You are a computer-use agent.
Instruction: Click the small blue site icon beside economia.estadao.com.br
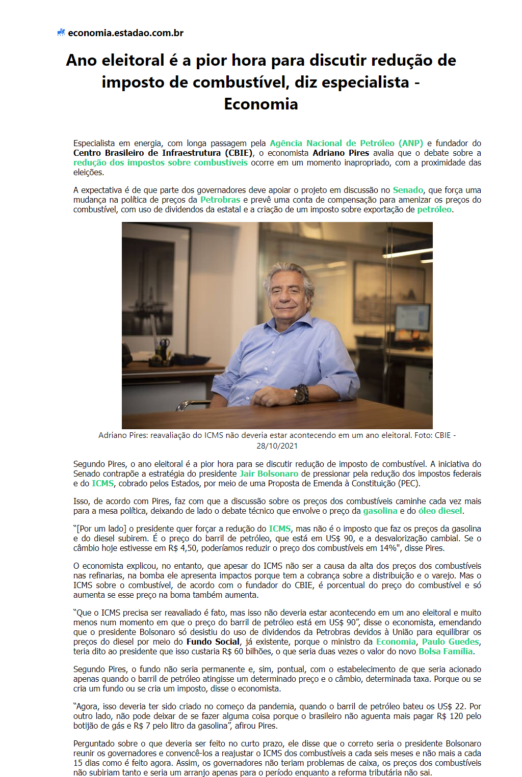[61, 33]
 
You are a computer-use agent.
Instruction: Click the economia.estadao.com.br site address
[125, 33]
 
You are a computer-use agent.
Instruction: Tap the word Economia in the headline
[261, 104]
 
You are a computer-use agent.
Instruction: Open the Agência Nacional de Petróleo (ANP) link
[346, 143]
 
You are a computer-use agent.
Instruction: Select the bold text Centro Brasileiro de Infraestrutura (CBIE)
[163, 153]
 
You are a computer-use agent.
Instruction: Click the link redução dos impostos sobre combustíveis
[160, 162]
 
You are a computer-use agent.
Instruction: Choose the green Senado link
[408, 190]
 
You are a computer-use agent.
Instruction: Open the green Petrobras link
[220, 200]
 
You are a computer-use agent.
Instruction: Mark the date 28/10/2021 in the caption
[277, 446]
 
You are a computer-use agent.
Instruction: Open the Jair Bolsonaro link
[269, 474]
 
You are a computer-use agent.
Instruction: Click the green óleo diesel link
[440, 511]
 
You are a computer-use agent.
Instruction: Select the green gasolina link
[380, 511]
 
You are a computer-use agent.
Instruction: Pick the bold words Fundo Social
[213, 642]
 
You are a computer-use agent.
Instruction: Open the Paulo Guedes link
[450, 642]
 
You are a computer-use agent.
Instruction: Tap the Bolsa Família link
[446, 651]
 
